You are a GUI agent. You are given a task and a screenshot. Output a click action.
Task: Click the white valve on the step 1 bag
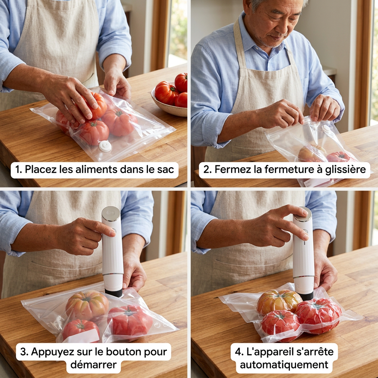pyautogui.click(x=105, y=146)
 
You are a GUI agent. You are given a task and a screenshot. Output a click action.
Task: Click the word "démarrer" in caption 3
pyautogui.click(x=93, y=364)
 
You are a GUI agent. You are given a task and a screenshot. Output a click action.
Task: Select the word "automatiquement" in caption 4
pyautogui.click(x=284, y=364)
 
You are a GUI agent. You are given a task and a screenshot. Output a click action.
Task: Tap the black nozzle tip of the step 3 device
pyautogui.click(x=114, y=293)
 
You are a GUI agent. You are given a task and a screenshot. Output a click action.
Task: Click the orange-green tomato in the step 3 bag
pyautogui.click(x=87, y=305)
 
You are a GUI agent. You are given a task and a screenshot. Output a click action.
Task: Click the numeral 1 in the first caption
pyautogui.click(x=17, y=169)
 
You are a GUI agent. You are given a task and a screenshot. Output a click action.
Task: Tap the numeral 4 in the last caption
pyautogui.click(x=239, y=352)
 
